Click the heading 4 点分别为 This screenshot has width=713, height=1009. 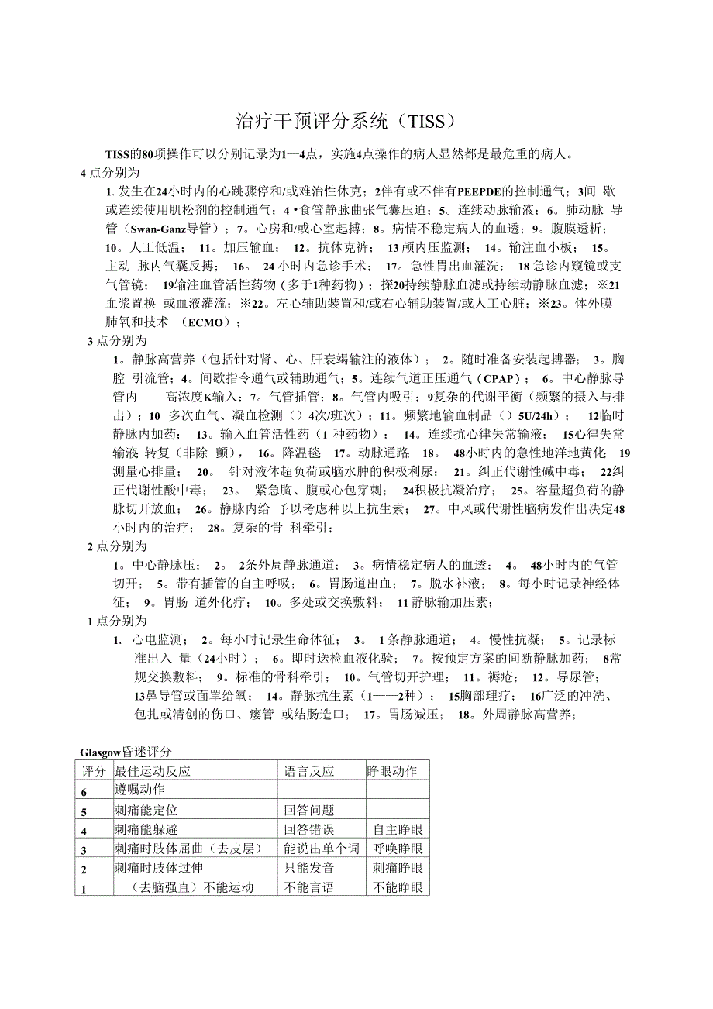110,172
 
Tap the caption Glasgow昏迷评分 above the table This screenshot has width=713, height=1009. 126,751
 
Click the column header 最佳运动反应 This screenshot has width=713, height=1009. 152,770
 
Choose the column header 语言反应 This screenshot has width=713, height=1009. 309,770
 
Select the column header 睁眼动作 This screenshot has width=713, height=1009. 392,770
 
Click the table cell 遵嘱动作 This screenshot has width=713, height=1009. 139,790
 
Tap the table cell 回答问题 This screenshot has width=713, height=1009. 309,810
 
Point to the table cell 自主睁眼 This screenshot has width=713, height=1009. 398,829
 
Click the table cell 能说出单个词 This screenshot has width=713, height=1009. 322,849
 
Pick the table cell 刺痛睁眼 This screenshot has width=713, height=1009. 398,868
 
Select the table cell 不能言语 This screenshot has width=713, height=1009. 309,887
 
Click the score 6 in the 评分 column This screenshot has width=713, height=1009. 84,791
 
